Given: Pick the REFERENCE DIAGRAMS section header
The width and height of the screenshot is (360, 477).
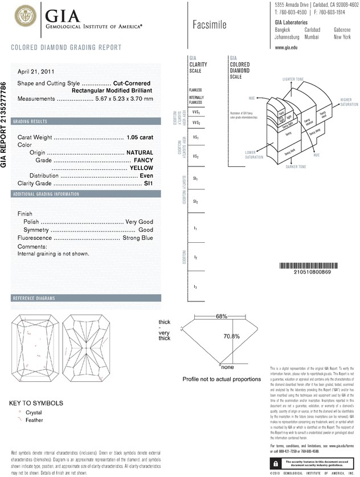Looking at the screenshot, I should (x=34, y=299).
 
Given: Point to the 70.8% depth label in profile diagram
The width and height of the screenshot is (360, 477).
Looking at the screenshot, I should (x=231, y=336).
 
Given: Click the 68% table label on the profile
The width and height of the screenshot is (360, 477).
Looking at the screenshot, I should (x=221, y=316).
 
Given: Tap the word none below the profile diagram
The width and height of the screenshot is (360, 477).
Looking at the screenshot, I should (x=228, y=368).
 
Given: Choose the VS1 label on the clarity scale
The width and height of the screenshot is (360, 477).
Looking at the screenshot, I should (x=196, y=138).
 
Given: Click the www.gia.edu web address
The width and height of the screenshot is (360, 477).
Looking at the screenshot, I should (x=287, y=48).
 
